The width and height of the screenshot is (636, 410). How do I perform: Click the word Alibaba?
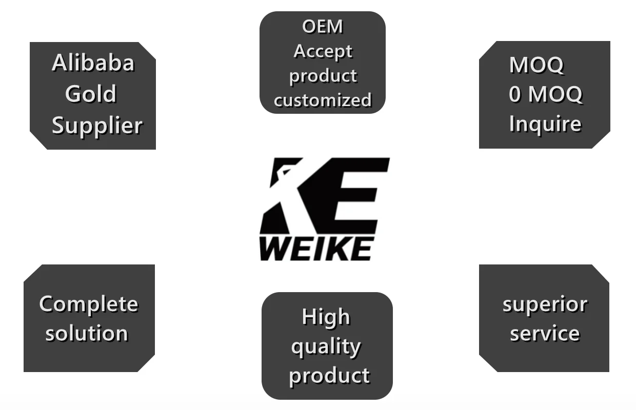click(93, 63)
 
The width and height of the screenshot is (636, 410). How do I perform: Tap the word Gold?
click(91, 94)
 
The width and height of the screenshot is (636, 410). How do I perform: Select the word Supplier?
click(97, 126)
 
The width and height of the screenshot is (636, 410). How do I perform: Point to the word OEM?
click(323, 27)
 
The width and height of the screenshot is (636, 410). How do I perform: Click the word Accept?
click(323, 51)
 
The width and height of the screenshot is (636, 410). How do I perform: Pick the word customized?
click(323, 100)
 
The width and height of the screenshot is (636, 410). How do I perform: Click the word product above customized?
click(323, 76)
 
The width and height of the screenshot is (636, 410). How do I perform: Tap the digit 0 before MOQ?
click(515, 95)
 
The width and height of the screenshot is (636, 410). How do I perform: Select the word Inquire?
click(545, 124)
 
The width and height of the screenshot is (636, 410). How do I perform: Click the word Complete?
click(89, 304)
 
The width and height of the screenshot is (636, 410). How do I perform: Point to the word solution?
click(87, 334)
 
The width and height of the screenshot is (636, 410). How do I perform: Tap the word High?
click(326, 317)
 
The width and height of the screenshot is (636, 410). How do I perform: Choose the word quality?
click(326, 347)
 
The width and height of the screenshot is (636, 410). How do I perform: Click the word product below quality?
click(329, 376)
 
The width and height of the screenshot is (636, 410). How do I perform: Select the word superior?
click(545, 304)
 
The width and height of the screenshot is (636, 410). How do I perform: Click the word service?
click(545, 334)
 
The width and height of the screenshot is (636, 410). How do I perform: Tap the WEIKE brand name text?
click(315, 249)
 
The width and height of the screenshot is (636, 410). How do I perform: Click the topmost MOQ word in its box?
click(536, 65)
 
